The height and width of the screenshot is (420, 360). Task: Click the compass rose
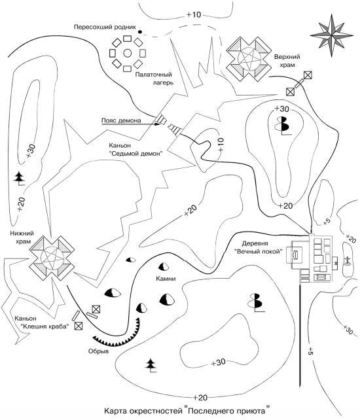coord(332,35)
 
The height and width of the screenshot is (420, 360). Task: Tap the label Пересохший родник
coord(105,27)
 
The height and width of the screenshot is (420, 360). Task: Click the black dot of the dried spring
coord(140,32)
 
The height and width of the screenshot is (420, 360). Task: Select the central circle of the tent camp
coord(128,53)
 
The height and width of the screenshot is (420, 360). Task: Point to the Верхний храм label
coord(287,61)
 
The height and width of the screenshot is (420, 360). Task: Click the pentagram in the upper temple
coord(249,59)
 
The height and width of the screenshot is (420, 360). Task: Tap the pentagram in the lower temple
coord(52,257)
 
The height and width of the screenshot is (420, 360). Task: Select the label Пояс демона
coord(121,121)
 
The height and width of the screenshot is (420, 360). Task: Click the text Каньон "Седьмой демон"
coord(136,149)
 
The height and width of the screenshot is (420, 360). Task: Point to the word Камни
coord(166,279)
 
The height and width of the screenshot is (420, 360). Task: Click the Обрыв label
coord(99,351)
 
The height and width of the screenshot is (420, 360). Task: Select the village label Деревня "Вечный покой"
coord(259,247)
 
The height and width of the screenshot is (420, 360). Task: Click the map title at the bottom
coord(187,411)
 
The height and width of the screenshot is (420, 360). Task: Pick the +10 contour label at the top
coord(193,14)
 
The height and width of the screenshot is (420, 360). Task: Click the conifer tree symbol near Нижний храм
coord(20,179)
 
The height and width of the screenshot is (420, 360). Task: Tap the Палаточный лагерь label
coord(154,79)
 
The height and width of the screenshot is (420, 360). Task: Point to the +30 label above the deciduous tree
coord(281,109)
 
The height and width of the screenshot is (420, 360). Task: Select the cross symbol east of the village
coord(348,260)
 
